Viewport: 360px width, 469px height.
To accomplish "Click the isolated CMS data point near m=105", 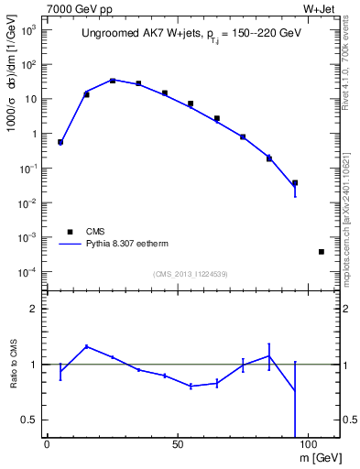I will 322,251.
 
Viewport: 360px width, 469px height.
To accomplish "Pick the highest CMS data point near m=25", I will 113,81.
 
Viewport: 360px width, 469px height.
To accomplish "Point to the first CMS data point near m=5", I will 60,142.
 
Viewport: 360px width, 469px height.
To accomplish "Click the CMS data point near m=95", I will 295,182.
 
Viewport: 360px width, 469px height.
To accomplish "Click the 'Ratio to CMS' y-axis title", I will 13,364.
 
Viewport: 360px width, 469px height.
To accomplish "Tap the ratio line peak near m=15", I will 86,346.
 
